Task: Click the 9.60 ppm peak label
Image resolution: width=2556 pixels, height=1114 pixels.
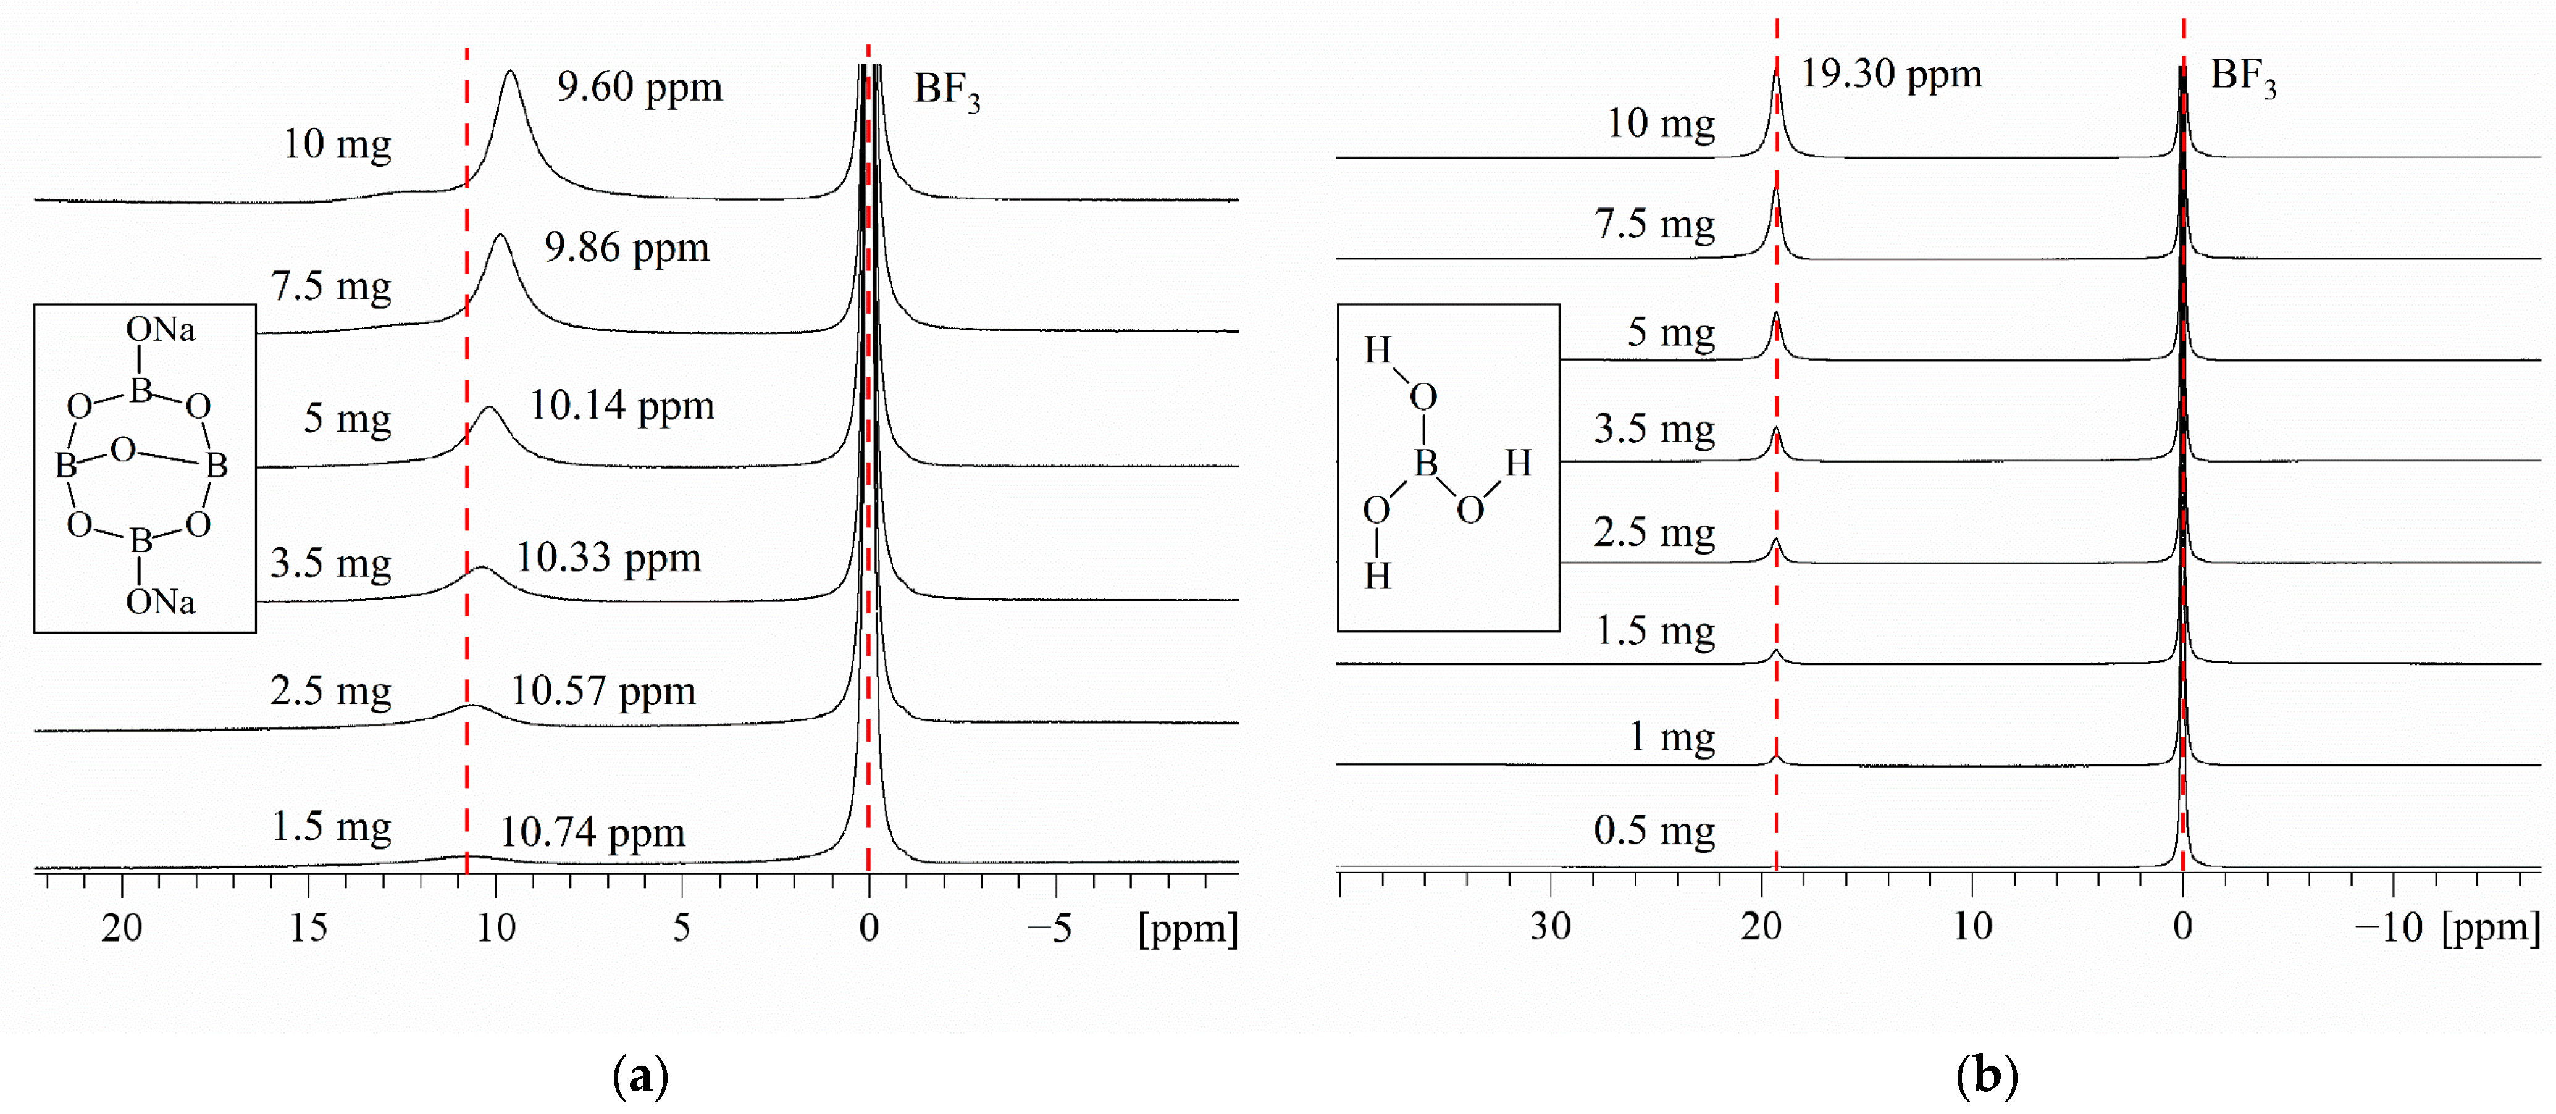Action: tap(639, 87)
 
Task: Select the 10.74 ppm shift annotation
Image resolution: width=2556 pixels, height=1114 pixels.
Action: tap(592, 832)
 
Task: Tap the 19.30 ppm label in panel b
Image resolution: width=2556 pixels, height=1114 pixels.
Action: tap(1890, 73)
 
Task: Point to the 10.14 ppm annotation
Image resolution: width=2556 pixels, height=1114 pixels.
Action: tap(621, 406)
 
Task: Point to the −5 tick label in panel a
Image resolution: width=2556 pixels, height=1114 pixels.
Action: tap(1050, 929)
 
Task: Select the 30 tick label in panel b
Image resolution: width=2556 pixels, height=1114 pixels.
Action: tap(1550, 926)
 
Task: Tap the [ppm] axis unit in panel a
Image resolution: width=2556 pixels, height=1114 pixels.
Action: tap(1187, 929)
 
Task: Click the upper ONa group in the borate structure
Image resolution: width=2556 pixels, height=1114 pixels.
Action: tap(160, 329)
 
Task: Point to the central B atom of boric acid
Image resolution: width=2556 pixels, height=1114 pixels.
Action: tap(1426, 463)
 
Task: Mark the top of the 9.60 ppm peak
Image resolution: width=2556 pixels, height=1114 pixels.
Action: tap(511, 72)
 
